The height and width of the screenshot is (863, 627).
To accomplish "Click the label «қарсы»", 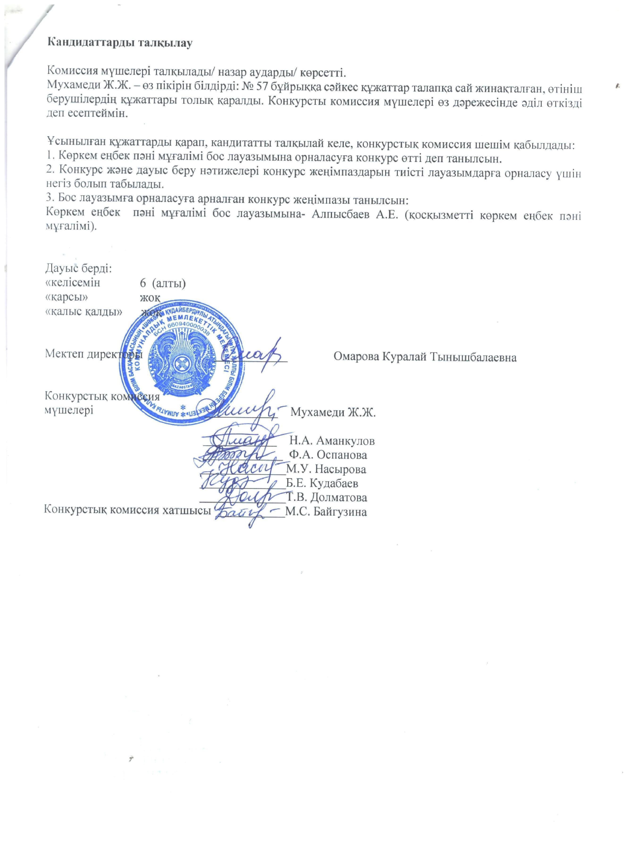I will coord(69,297).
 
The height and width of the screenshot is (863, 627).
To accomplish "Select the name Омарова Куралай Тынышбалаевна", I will coord(425,357).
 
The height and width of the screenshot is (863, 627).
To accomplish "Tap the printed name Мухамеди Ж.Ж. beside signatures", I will coord(333,412).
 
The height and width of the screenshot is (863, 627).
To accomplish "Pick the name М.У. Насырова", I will coord(326,469).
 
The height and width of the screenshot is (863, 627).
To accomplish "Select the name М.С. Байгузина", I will coord(326,512).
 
